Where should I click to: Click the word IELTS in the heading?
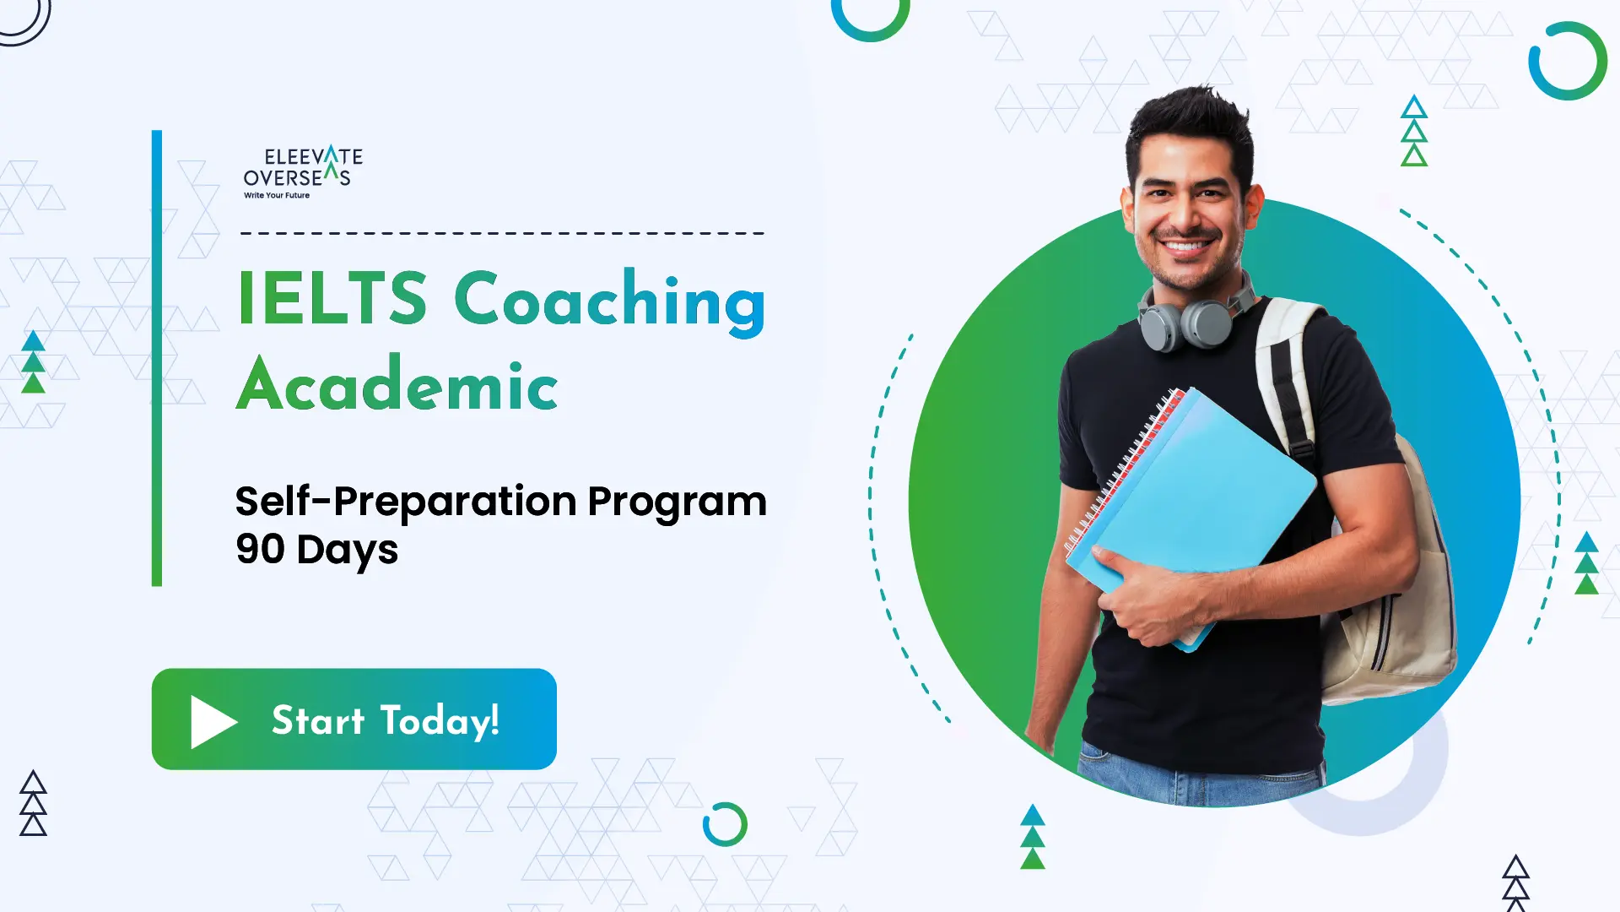pyautogui.click(x=332, y=298)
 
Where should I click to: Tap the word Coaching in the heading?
pyautogui.click(x=610, y=302)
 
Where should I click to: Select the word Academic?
pyautogui.click(x=397, y=384)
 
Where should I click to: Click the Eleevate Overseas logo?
pyautogui.click(x=303, y=172)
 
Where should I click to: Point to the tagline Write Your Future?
pyautogui.click(x=277, y=195)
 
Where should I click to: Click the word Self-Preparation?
pyautogui.click(x=407, y=502)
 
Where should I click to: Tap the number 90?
pyautogui.click(x=261, y=549)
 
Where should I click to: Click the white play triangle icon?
pyautogui.click(x=213, y=721)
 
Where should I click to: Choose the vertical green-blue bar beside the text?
pyautogui.click(x=156, y=358)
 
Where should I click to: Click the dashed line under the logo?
pyautogui.click(x=502, y=233)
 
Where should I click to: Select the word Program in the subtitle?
pyautogui.click(x=677, y=503)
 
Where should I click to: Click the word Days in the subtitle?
pyautogui.click(x=347, y=551)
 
